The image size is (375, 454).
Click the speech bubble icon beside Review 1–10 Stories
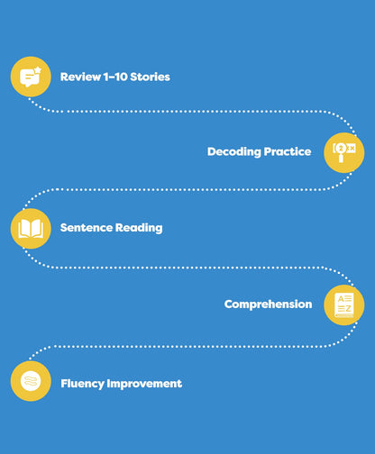coord(31,77)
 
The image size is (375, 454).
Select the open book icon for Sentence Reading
coord(31,229)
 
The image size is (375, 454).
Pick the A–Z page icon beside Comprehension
coord(344,305)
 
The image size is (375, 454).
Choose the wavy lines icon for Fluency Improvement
coord(31,381)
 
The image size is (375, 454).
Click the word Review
coord(80,77)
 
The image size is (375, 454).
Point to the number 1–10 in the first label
coord(115,77)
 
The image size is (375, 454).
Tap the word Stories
coord(150,77)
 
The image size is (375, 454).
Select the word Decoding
coord(234,152)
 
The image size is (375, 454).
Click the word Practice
coord(288,151)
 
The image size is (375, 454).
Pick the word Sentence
coord(87,228)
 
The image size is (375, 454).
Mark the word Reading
coord(139,228)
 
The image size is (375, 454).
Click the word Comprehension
coord(268,304)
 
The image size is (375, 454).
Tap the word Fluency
coord(82,384)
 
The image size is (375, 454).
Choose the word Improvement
coord(144,384)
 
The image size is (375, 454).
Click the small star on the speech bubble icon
coord(38,70)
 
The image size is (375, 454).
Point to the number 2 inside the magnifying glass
coord(341,148)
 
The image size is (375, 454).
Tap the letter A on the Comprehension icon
coord(341,299)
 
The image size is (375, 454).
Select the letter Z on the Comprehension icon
coord(348,309)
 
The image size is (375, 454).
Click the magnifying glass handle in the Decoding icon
coord(341,158)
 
